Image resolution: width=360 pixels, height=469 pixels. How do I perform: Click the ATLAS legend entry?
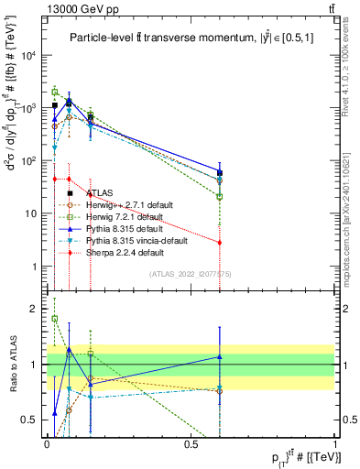[x=100, y=193]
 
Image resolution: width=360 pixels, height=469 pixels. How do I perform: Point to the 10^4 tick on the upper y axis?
[x=27, y=55]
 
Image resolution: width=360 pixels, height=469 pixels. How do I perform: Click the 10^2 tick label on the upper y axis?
[x=27, y=161]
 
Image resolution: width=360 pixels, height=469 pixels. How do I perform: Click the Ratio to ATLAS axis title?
[x=12, y=364]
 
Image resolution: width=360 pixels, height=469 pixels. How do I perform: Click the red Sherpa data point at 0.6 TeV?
[x=220, y=243]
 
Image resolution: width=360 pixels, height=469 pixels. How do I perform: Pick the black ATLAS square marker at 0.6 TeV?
[x=220, y=172]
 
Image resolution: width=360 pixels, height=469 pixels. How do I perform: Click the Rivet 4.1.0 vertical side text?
[x=353, y=82]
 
